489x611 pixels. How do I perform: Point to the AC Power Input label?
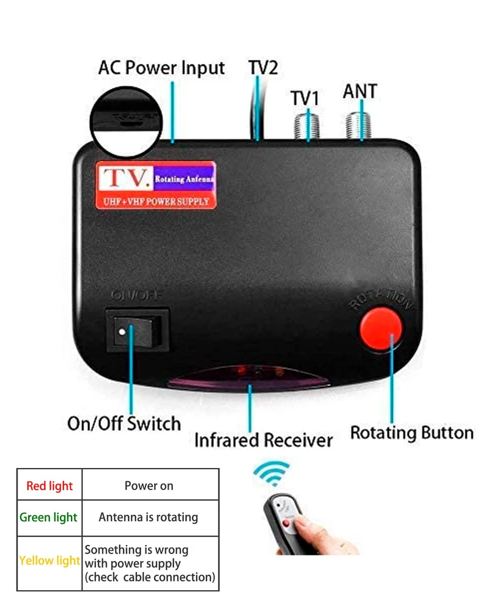tap(161, 68)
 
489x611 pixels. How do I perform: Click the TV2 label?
tap(263, 67)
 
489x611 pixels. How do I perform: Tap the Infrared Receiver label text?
tap(263, 440)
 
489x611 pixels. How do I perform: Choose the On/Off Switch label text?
tap(123, 423)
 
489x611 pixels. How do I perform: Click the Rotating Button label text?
tap(411, 433)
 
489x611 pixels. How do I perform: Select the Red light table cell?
tap(50, 486)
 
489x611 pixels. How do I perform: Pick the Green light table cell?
tap(49, 518)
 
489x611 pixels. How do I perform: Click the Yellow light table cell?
tap(50, 560)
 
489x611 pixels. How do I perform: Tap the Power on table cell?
tap(149, 486)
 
